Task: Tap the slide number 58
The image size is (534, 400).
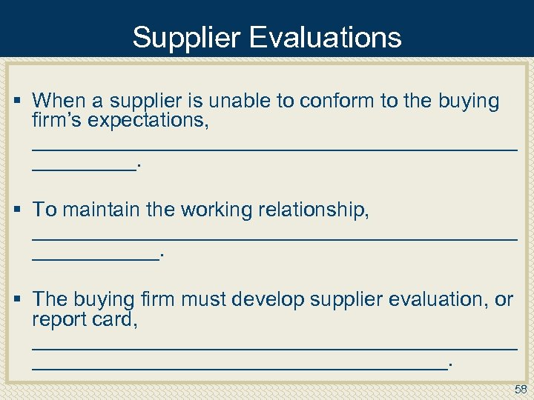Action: tap(520, 390)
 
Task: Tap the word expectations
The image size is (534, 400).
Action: tap(148, 120)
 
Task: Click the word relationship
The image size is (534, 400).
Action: tap(314, 210)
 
